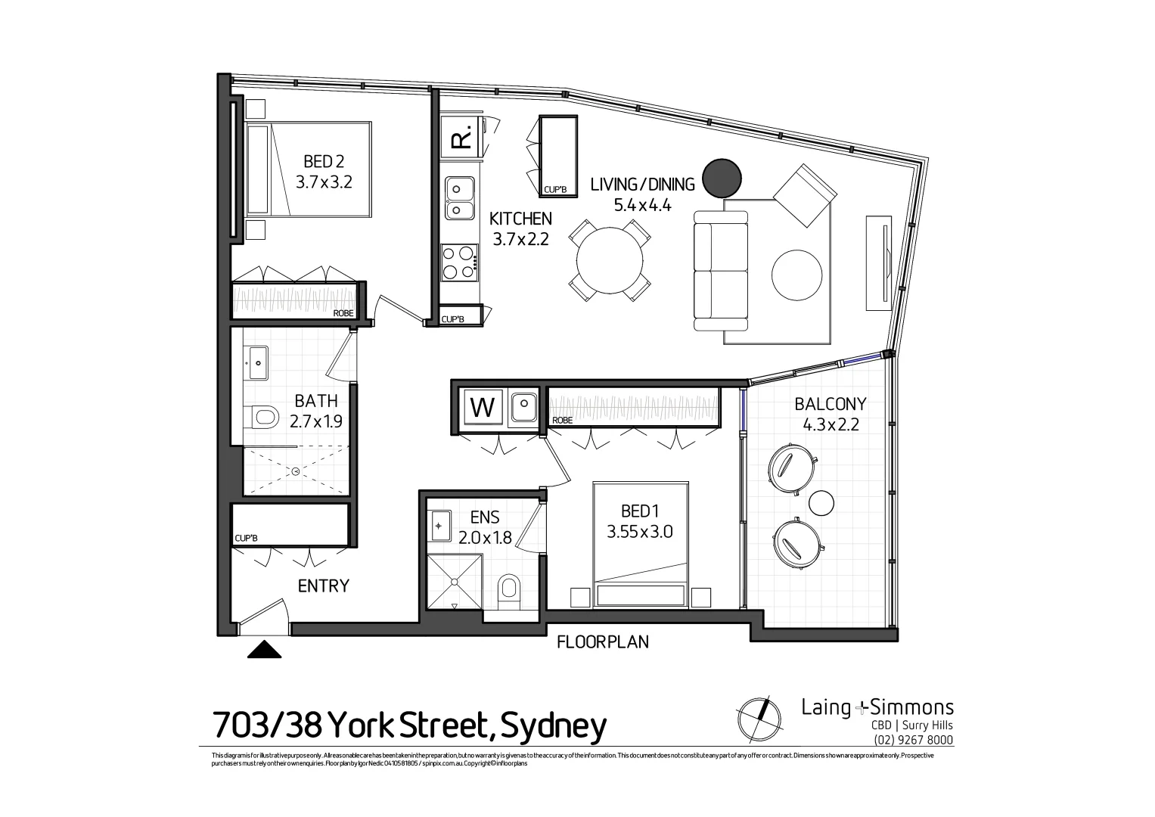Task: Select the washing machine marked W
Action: (483, 408)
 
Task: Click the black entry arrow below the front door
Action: (264, 649)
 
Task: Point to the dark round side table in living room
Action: (722, 179)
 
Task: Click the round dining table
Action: (610, 260)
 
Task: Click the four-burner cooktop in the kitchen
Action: (459, 262)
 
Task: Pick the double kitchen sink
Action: (459, 197)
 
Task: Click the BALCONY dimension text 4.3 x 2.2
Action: (831, 424)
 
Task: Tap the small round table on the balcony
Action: (821, 502)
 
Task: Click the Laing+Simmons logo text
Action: (877, 708)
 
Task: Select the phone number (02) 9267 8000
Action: (913, 740)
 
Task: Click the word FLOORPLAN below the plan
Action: (602, 642)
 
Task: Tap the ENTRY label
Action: (323, 586)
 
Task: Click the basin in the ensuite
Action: (440, 524)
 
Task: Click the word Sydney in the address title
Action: (554, 725)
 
